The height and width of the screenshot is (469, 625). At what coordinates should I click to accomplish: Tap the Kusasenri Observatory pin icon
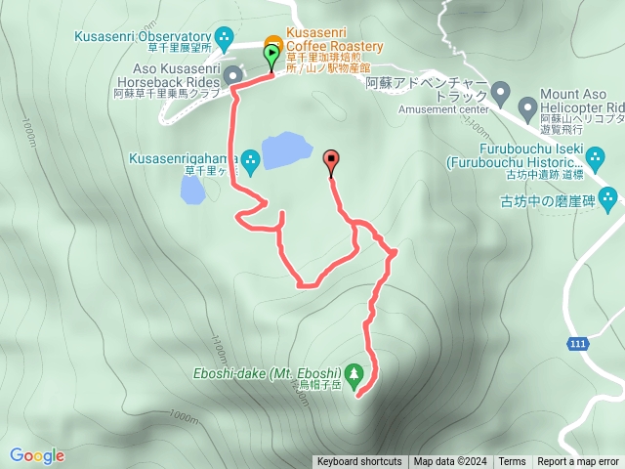226,40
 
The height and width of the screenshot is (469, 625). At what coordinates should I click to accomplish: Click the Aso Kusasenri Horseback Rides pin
232,75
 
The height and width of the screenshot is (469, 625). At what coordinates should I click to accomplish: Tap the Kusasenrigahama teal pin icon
251,159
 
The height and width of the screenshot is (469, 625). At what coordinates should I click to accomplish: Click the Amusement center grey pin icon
501,95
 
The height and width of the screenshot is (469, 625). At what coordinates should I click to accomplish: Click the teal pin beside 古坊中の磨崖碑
609,201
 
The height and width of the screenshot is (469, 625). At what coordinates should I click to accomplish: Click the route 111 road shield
576,343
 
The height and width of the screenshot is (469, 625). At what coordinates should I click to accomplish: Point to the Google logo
37,455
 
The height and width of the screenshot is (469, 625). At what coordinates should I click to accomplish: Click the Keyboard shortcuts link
359,462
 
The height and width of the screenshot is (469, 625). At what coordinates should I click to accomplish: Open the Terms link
512,462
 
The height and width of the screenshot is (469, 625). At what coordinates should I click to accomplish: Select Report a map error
578,462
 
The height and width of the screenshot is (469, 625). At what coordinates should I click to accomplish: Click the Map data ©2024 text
449,462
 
